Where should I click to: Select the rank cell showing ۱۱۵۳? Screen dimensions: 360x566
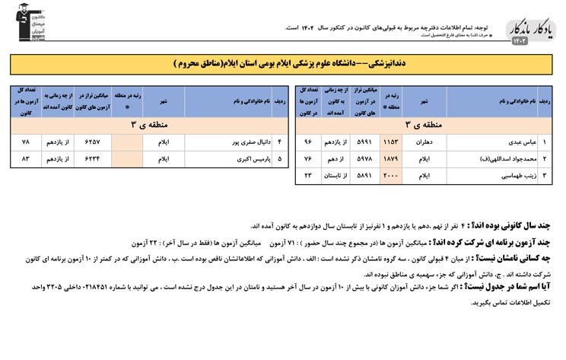coord(390,142)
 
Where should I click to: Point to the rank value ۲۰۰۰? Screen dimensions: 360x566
coord(390,176)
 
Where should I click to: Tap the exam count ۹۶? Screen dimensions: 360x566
coord(308,142)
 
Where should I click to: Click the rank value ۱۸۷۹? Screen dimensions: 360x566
coord(390,159)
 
